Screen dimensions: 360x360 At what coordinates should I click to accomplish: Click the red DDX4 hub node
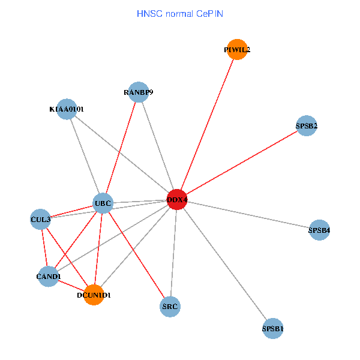pos(177,199)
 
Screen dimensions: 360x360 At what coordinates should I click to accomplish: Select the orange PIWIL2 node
pos(236,50)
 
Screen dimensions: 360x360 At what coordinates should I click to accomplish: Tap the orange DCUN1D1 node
pos(94,295)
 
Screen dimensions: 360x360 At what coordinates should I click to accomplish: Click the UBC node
pos(103,204)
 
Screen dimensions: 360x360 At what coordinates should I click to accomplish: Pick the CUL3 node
pos(40,219)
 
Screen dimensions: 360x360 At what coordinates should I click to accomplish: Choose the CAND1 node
pos(49,276)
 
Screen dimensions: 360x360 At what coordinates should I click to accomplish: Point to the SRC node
pos(170,307)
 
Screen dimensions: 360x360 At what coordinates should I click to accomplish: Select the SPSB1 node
pos(273,328)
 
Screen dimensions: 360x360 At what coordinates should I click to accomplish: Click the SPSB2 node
pos(307,126)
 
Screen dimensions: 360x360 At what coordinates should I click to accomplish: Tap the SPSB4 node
pos(319,230)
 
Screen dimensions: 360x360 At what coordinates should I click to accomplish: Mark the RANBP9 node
pos(139,92)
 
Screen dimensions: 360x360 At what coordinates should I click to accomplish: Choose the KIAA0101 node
pos(67,109)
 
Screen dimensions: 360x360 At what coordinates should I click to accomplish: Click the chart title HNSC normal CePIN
pos(180,13)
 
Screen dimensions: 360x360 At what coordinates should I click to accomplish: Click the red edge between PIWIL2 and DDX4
pos(207,124)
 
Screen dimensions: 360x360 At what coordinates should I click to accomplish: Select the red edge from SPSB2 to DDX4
pos(242,163)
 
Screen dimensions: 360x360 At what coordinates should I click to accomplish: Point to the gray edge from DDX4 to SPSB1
pos(225,264)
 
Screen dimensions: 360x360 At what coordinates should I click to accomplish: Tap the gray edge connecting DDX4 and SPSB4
pos(248,214)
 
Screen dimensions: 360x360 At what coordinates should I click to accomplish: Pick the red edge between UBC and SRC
pos(137,255)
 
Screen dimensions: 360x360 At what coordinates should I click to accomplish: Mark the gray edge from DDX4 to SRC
pos(173,253)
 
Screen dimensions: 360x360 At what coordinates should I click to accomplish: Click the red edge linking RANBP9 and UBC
pos(121,148)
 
